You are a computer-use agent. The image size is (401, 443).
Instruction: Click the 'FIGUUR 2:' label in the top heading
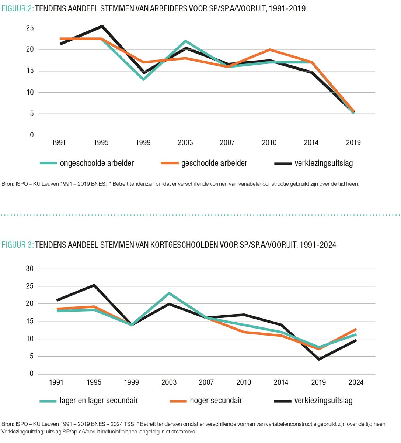(x=17, y=8)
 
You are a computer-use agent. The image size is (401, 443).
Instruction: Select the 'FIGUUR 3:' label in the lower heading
(x=17, y=245)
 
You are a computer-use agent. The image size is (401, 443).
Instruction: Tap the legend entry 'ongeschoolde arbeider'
(x=97, y=163)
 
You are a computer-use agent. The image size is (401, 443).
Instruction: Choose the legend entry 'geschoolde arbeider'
(x=214, y=163)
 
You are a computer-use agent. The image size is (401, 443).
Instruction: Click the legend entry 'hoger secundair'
(x=216, y=401)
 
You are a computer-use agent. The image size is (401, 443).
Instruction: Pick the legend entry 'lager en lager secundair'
(x=99, y=401)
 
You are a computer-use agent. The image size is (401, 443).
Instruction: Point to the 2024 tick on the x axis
(x=356, y=382)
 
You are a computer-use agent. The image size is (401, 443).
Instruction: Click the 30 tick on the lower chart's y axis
(x=29, y=269)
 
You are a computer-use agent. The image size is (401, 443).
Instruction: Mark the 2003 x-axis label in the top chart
(x=185, y=143)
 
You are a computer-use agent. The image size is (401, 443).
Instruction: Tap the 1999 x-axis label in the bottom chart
(x=132, y=382)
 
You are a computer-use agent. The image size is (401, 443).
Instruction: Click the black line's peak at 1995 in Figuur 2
(x=101, y=26)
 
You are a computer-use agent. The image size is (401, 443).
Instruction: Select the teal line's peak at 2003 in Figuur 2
(x=185, y=41)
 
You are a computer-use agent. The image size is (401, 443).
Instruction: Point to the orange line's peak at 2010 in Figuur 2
(x=269, y=49)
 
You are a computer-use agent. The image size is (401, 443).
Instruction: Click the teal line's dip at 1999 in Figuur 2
(x=143, y=79)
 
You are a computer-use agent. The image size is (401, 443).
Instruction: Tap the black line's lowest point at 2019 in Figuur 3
(x=318, y=359)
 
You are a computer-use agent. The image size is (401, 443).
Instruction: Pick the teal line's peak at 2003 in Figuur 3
(x=169, y=293)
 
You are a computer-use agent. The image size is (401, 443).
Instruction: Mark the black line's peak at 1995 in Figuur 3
(x=94, y=285)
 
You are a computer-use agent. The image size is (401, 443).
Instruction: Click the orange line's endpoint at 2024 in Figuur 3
(x=356, y=329)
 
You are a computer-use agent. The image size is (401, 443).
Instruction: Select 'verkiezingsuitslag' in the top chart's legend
(x=324, y=163)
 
